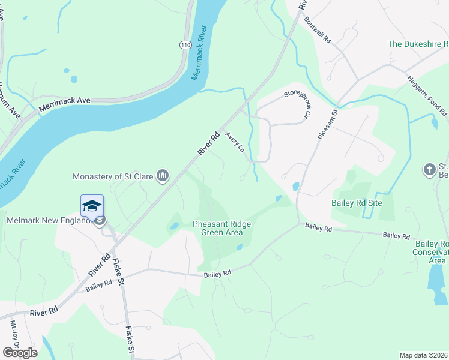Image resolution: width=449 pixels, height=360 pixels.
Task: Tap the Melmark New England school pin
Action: (x=92, y=206)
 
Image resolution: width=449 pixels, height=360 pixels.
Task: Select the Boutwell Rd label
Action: (x=318, y=28)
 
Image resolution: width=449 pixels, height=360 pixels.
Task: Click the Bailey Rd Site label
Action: (x=357, y=203)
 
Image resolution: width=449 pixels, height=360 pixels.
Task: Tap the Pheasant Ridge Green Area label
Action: (x=221, y=229)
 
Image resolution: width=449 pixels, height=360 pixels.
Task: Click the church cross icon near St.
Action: (x=429, y=170)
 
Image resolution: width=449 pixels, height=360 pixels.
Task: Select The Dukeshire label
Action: (x=418, y=44)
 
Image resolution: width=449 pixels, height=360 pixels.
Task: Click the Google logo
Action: (x=20, y=352)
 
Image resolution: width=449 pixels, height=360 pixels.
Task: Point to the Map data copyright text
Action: (x=423, y=355)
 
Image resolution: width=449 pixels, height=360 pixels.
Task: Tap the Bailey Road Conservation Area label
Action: (x=430, y=252)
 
